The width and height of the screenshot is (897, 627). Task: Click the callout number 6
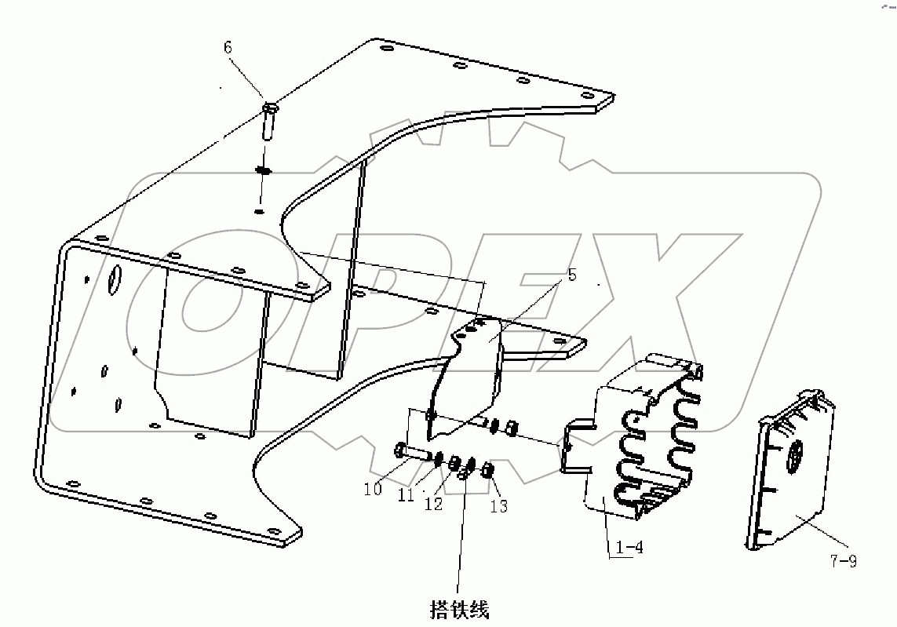tap(228, 48)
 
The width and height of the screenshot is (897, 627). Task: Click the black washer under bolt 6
tap(264, 170)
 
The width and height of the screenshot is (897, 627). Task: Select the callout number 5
tap(571, 275)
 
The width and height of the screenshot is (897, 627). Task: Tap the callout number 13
tap(499, 506)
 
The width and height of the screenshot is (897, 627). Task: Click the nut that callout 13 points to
tap(487, 471)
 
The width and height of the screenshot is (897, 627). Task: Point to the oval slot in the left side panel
tap(115, 280)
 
